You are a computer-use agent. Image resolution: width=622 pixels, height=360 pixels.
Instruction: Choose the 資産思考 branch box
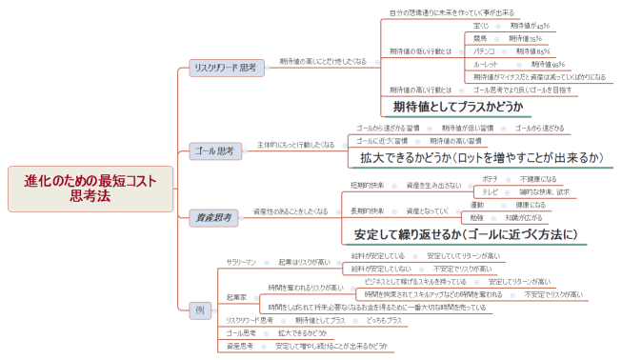click(211, 218)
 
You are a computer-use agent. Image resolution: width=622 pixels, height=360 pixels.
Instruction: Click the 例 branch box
click(198, 310)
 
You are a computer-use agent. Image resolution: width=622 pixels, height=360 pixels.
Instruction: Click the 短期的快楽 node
click(368, 185)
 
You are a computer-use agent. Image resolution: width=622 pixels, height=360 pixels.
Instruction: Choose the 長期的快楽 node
click(368, 210)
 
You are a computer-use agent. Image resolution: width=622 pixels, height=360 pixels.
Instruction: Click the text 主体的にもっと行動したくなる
click(295, 145)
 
